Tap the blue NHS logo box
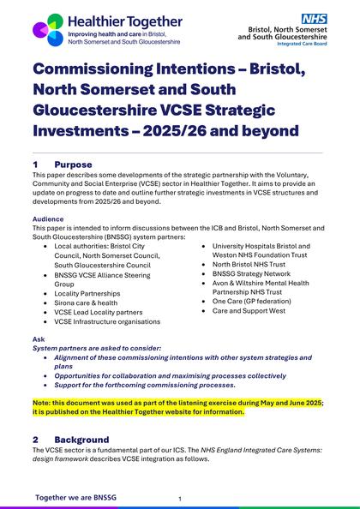point(312,18)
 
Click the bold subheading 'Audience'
point(48,219)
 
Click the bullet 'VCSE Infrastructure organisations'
point(107,320)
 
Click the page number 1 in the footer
point(179,498)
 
